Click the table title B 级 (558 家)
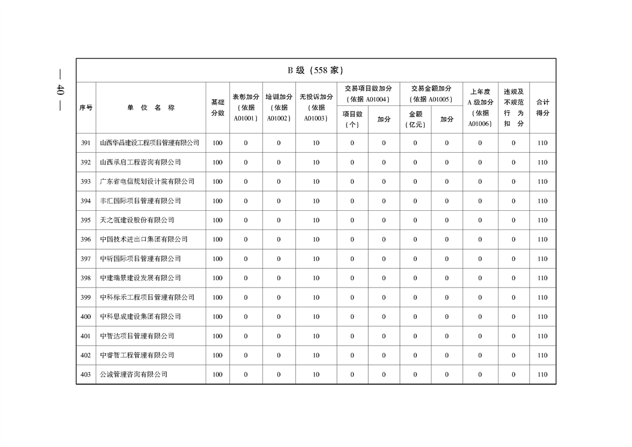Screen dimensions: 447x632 coord(315,70)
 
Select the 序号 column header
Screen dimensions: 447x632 coord(86,108)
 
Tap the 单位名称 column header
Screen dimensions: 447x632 coord(150,108)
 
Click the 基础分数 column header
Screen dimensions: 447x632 coord(217,108)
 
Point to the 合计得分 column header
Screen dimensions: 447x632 coord(542,108)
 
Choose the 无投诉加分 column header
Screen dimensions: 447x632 coord(316,108)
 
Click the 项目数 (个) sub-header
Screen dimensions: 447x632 coord(353,119)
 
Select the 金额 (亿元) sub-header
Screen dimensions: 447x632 coord(415,119)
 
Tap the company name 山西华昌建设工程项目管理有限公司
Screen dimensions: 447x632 coord(149,143)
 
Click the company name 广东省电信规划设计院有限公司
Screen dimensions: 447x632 coord(147,182)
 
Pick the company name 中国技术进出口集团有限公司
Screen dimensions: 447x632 coord(144,240)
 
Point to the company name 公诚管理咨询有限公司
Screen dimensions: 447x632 coord(133,374)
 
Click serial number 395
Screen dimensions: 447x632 coord(86,220)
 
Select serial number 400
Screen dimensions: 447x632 coord(86,317)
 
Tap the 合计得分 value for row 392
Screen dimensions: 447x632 coord(542,162)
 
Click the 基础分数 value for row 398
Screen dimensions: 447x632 coord(217,278)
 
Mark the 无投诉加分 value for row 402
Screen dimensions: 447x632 coord(316,355)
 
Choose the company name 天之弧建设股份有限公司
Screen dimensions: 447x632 coord(137,220)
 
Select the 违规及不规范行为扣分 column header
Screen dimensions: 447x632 coord(513,108)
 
